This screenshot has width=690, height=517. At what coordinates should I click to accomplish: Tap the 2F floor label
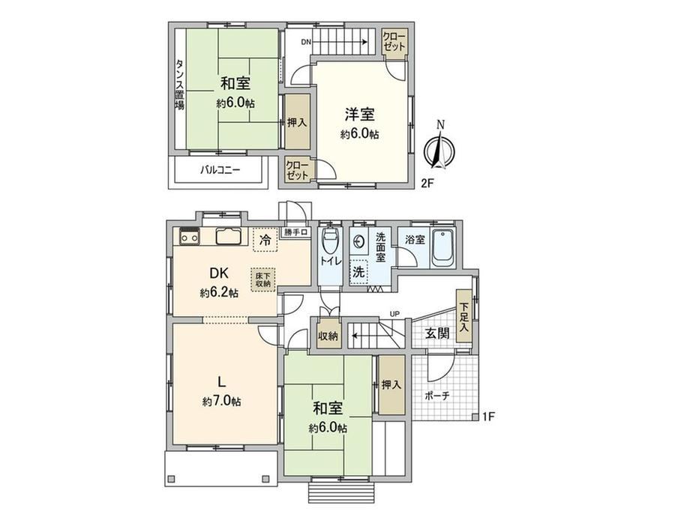(x=427, y=184)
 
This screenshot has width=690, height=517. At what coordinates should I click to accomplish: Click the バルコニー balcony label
(x=220, y=169)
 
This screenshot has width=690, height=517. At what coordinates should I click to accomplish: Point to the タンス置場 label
(x=180, y=85)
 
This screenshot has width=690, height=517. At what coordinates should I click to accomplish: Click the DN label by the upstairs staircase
(x=306, y=42)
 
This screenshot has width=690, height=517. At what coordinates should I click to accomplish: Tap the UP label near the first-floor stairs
(x=394, y=314)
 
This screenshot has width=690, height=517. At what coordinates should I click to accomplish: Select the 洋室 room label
(x=359, y=115)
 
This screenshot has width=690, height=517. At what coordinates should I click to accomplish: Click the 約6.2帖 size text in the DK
(x=219, y=293)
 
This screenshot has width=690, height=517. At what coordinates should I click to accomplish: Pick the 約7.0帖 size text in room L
(x=221, y=401)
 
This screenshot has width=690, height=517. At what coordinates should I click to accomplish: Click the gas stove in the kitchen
(x=189, y=236)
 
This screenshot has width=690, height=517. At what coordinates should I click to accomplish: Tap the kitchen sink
(x=229, y=236)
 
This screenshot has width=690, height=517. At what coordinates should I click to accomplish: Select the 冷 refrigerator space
(x=265, y=240)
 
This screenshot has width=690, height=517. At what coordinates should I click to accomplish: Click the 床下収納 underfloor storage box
(x=263, y=279)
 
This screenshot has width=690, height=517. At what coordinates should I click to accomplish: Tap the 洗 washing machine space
(x=359, y=272)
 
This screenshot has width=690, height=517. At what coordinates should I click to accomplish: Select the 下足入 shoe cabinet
(x=463, y=315)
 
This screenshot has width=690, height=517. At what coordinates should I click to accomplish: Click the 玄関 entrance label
(x=437, y=333)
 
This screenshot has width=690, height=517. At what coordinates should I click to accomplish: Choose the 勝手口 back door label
(x=295, y=232)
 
